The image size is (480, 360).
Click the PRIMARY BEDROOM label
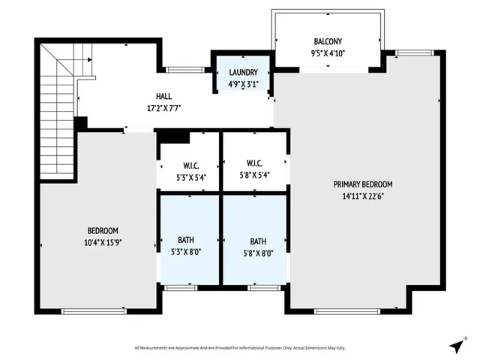[x=363, y=184]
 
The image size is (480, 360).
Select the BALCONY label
[x=328, y=42]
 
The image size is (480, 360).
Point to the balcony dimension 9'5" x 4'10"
[x=328, y=52]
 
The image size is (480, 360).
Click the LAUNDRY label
[x=243, y=72]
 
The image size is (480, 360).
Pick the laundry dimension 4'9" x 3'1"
[x=243, y=83]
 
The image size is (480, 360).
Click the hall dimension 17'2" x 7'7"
[x=163, y=108]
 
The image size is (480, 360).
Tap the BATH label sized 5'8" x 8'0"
[x=258, y=241]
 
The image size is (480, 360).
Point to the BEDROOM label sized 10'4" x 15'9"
[x=103, y=230]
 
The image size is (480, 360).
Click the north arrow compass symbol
[x=456, y=346]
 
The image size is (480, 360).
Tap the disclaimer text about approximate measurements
[x=239, y=347]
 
